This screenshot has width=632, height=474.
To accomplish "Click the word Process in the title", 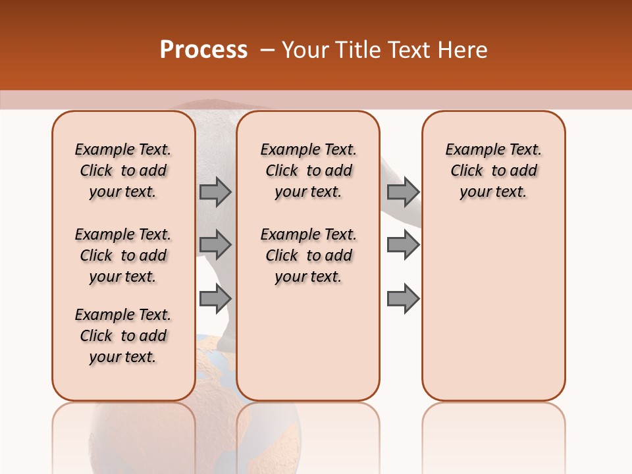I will [203, 50].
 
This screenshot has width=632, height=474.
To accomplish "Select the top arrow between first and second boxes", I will [215, 192].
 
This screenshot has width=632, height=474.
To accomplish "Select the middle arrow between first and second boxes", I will [215, 245].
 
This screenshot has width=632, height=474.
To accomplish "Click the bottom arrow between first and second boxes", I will [215, 299].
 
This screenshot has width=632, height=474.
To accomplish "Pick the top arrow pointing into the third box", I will [403, 192].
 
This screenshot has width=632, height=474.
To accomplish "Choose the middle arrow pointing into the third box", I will [403, 245].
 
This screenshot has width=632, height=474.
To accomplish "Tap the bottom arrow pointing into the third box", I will [403, 299].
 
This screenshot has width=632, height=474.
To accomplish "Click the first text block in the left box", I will [123, 171].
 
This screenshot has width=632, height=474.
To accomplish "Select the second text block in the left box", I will [123, 255].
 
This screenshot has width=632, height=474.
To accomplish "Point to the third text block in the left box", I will [123, 336].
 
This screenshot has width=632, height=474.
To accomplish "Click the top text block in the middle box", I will [308, 171].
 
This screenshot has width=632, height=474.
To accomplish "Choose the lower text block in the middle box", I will [308, 255].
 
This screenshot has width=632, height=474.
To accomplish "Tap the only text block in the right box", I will [494, 171].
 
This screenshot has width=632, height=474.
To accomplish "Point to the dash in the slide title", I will [267, 50].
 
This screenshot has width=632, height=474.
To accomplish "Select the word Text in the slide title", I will [409, 50].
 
